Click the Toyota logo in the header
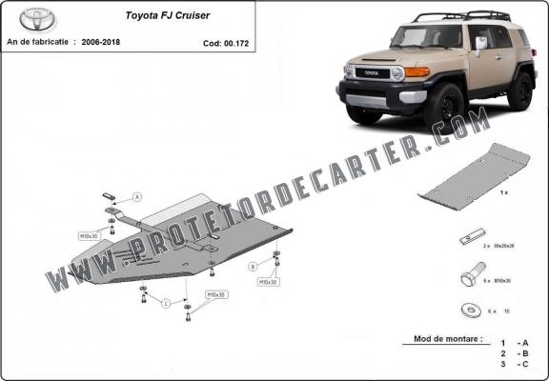pyautogui.click(x=38, y=19)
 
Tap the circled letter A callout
pyautogui.click(x=137, y=197)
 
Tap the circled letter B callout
pyautogui.click(x=253, y=265)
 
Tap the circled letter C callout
pyautogui.click(x=166, y=304)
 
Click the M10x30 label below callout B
pyautogui.click(x=270, y=283)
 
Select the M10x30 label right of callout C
pyautogui.click(x=217, y=295)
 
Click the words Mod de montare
pyautogui.click(x=446, y=339)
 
